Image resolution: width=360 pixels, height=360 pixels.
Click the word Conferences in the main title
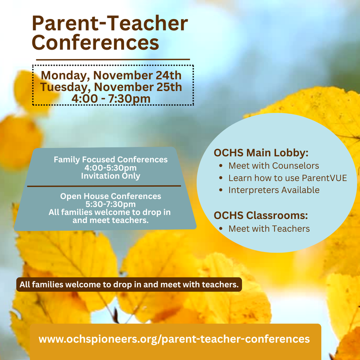click(x=95, y=43)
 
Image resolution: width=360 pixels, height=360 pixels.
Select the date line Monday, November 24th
click(x=111, y=76)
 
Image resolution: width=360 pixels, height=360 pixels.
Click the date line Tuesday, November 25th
click(x=111, y=87)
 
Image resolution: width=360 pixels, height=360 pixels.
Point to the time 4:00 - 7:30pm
click(x=111, y=98)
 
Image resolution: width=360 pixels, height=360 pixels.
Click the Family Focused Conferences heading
click(x=111, y=160)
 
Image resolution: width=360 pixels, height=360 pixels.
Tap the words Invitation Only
click(x=111, y=176)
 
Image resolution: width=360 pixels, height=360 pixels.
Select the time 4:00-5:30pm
click(x=111, y=168)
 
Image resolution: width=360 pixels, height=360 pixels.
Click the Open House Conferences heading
click(x=111, y=196)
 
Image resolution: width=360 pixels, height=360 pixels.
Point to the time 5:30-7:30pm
click(x=111, y=204)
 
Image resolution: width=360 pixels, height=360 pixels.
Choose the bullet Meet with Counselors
click(x=274, y=166)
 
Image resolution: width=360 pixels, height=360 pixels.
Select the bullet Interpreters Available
click(x=274, y=190)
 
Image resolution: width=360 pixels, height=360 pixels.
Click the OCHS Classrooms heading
click(x=261, y=215)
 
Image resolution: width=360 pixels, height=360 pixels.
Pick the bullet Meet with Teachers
click(x=269, y=229)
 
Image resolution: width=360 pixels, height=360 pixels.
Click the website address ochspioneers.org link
click(x=174, y=339)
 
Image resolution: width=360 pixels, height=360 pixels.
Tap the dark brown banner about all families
click(x=129, y=284)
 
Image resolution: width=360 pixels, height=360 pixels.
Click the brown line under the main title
click(x=113, y=59)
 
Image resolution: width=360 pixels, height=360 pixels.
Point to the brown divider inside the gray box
click(x=104, y=186)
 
